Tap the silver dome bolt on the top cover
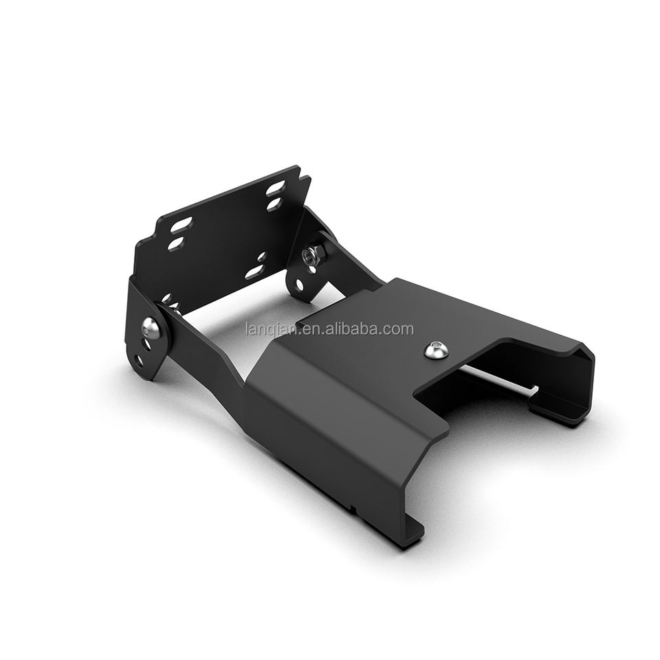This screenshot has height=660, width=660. click(x=434, y=350)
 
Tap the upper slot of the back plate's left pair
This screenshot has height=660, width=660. click(x=181, y=226)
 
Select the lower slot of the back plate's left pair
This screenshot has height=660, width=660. click(x=177, y=243)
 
